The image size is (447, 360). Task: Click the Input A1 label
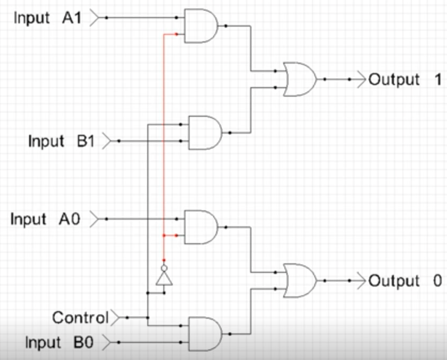tap(48, 18)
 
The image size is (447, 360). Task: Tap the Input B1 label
tap(61, 141)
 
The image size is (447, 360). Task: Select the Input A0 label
tap(45, 219)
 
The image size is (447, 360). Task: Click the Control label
tap(80, 318)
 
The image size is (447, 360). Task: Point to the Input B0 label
tap(60, 342)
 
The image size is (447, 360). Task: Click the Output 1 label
tap(405, 80)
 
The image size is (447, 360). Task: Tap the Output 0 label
tap(405, 281)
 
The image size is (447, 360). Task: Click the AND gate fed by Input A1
tap(201, 26)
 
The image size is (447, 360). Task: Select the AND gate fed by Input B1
tap(205, 133)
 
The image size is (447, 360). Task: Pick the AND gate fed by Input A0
tap(201, 227)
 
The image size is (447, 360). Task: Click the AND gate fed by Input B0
tap(205, 334)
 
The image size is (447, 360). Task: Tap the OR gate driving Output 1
tap(300, 79)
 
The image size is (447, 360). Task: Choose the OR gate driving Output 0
tap(300, 280)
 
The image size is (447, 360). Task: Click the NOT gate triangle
tap(164, 279)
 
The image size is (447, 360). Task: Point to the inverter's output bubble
tap(164, 268)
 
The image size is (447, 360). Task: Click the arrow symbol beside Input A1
tap(94, 18)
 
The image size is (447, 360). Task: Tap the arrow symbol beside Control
tap(115, 318)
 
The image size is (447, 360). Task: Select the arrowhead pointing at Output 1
tap(361, 80)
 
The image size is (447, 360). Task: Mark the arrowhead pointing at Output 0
tap(361, 281)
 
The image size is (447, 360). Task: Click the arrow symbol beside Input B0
tap(106, 342)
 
